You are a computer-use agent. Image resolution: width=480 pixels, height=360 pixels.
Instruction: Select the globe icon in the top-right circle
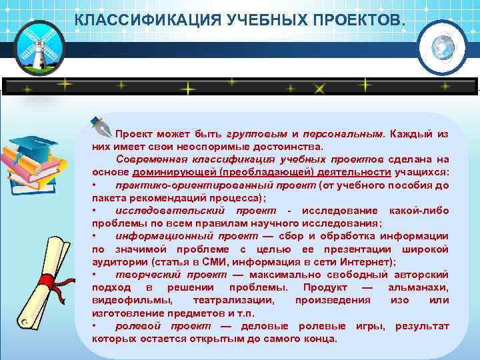(x=442, y=47)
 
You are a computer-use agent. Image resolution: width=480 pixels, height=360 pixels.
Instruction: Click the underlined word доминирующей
(x=173, y=171)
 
